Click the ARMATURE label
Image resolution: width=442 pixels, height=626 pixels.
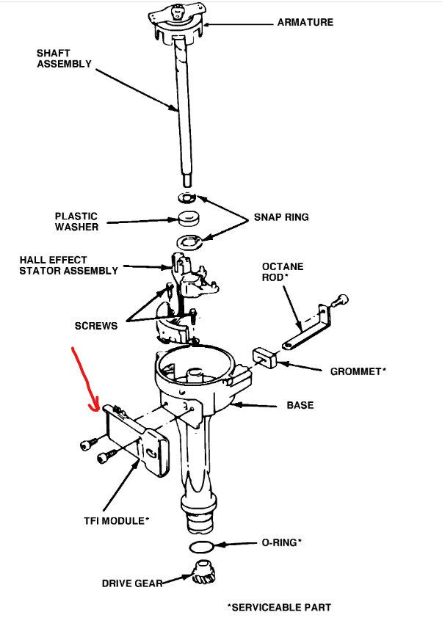pyautogui.click(x=305, y=22)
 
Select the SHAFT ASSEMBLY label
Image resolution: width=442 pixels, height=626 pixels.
pyautogui.click(x=64, y=58)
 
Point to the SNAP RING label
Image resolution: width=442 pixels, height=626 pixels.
pyautogui.click(x=281, y=217)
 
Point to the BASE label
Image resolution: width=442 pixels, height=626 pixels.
pyautogui.click(x=301, y=405)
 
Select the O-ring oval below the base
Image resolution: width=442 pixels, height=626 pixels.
pyautogui.click(x=201, y=547)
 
